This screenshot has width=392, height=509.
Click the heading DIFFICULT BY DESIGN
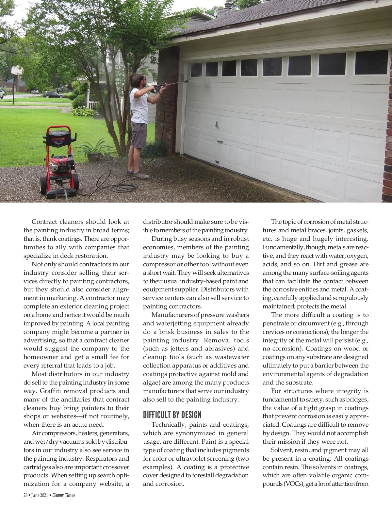click(x=172, y=415)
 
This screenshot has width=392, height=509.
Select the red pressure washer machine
click(x=59, y=162)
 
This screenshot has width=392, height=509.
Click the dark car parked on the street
click(x=54, y=95)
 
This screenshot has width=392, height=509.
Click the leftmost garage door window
click(x=196, y=69)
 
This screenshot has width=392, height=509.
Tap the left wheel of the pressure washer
click(x=43, y=185)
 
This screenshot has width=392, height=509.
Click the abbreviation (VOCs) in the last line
click(x=273, y=484)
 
